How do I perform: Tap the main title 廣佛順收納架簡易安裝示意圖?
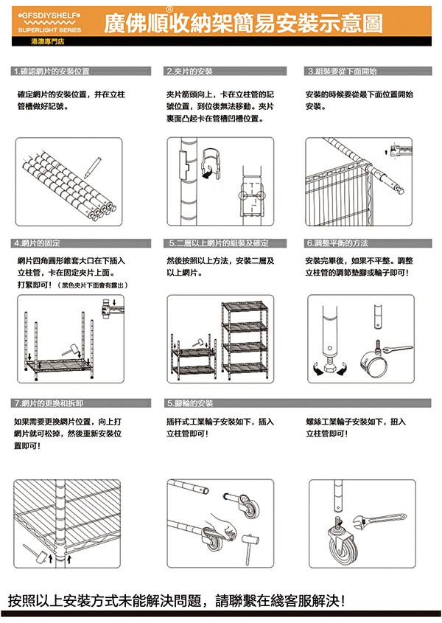[243, 24]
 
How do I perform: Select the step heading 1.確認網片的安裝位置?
[52, 72]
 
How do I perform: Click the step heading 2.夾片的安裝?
[190, 72]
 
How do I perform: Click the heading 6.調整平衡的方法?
[337, 243]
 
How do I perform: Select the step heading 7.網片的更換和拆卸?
[49, 403]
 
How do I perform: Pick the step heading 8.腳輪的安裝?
[190, 403]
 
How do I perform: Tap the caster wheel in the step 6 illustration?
[373, 361]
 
